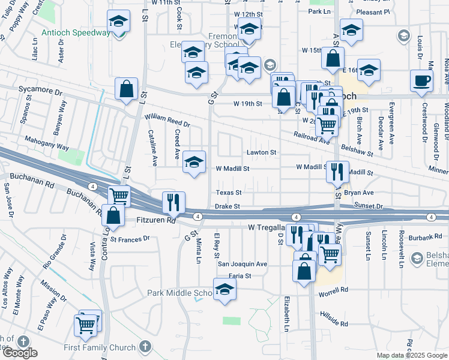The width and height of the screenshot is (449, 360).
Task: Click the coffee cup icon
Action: click(421, 80)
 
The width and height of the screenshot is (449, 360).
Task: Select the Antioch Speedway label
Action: click(76, 32)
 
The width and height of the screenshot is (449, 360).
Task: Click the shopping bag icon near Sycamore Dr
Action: click(127, 89)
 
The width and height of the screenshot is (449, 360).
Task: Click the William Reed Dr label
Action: click(166, 124)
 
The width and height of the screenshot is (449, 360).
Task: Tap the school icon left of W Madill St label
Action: click(194, 162)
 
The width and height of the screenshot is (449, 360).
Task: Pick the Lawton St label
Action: click(262, 152)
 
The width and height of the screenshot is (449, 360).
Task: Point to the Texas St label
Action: click(229, 193)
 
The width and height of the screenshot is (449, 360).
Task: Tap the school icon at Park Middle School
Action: click(224, 289)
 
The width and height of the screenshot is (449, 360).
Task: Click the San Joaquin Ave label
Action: click(242, 264)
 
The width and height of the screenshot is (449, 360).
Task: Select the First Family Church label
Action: click(100, 347)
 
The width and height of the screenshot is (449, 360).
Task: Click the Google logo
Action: click(20, 353)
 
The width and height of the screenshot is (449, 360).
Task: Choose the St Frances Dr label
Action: click(129, 239)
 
